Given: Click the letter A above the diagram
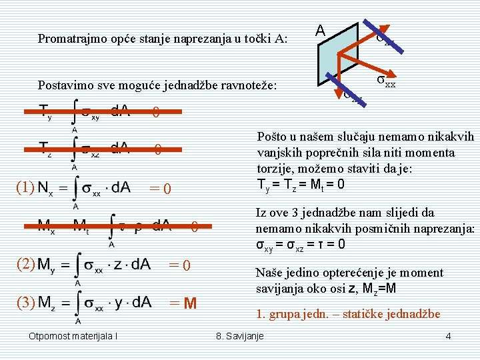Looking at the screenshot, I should click(321, 31).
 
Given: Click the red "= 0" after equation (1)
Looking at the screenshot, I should click(161, 190).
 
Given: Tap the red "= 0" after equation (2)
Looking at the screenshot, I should click(180, 266).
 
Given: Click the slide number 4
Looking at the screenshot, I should click(448, 336).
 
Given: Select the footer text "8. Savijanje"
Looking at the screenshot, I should click(240, 336).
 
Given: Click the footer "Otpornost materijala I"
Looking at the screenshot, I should click(73, 336).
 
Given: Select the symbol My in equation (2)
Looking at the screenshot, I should click(48, 265).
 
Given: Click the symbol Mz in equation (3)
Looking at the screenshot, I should click(48, 303).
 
